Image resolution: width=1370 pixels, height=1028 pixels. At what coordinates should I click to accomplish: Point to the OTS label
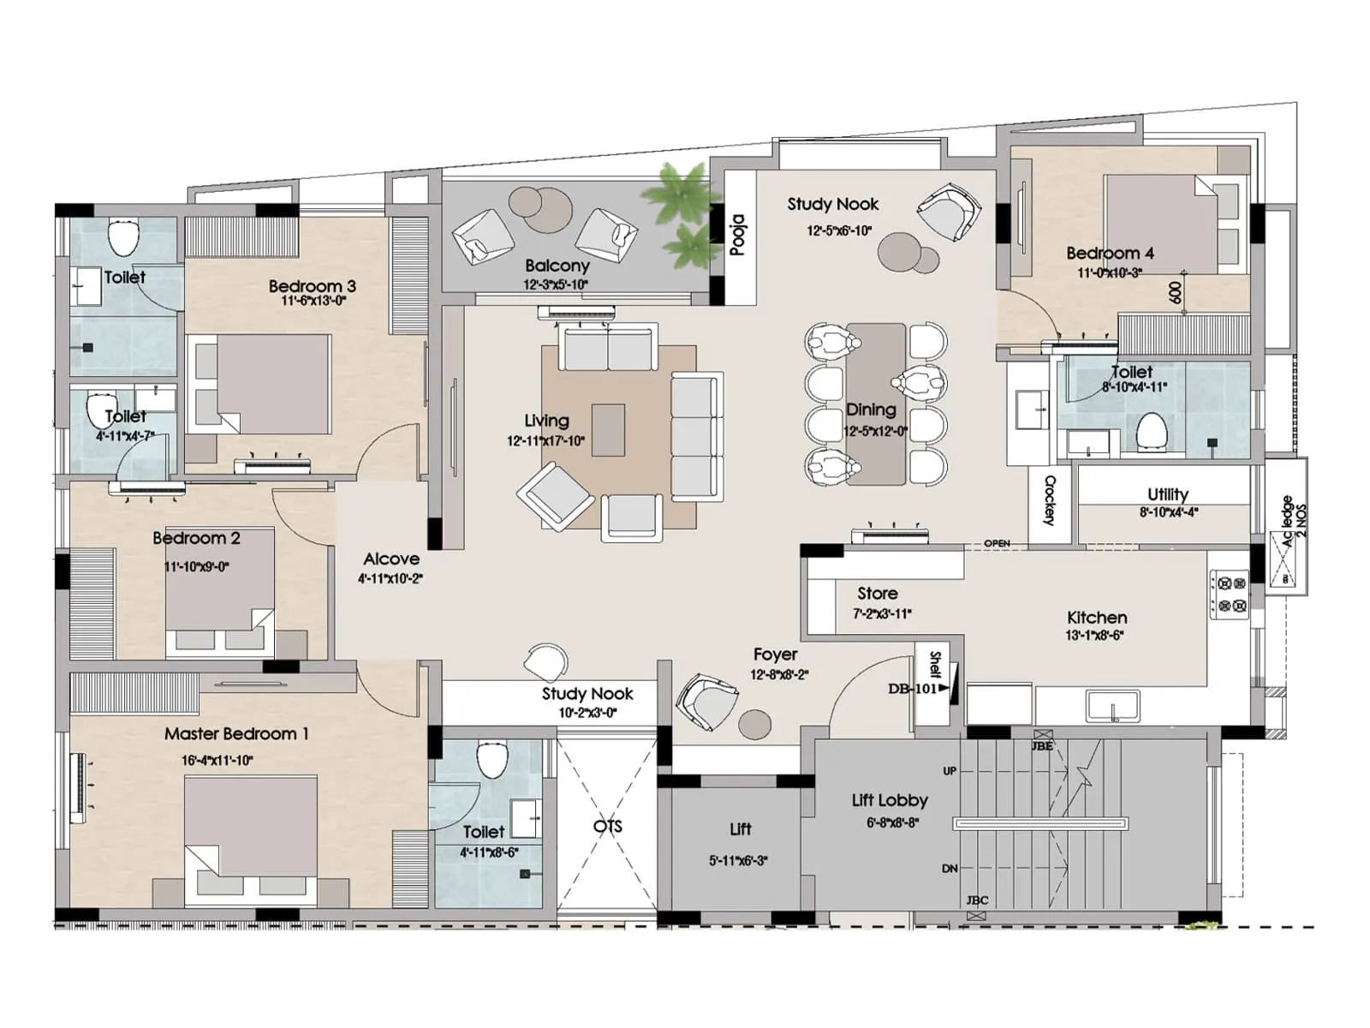[x=607, y=827]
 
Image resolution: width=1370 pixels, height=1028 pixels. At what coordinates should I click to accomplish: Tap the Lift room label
[x=741, y=829]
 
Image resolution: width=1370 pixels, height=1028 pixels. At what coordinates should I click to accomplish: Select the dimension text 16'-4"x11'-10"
[x=217, y=761]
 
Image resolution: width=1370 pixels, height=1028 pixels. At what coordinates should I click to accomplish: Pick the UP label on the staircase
[x=950, y=771]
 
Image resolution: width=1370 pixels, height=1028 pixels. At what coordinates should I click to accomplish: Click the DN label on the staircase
[x=950, y=869]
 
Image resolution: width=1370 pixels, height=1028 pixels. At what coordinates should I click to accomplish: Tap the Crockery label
[x=1050, y=500]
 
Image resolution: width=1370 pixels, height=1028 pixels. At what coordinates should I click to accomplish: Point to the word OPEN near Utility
[x=997, y=544]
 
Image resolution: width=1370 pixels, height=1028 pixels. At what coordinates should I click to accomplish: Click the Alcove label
[x=391, y=559]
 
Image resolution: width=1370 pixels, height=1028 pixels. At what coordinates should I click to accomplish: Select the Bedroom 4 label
[x=1110, y=254]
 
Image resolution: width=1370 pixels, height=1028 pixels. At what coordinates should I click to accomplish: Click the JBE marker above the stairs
[x=1042, y=746]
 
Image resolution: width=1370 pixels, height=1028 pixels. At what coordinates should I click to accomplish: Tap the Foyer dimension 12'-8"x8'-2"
[x=779, y=675]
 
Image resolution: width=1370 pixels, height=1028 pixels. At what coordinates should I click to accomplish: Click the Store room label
[x=878, y=594]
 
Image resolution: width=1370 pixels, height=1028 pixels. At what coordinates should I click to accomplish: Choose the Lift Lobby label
[x=890, y=800]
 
